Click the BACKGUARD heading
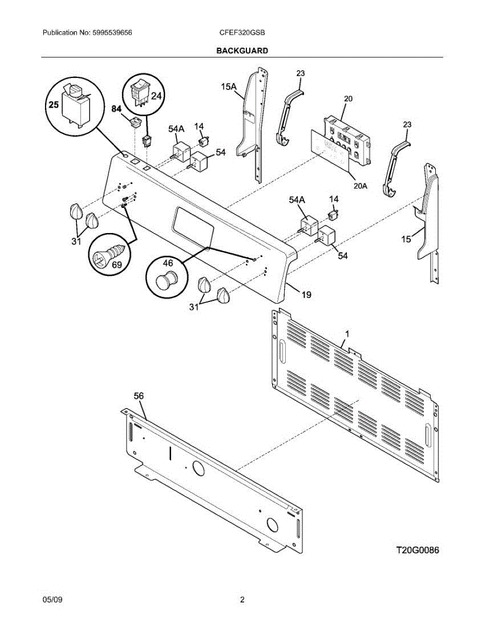click(x=242, y=51)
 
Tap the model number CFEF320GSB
click(x=242, y=32)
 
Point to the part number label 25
click(x=54, y=104)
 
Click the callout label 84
click(x=116, y=109)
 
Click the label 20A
click(x=360, y=184)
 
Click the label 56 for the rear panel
click(x=138, y=396)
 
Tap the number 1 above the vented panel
click(x=347, y=333)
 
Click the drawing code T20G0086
click(x=417, y=550)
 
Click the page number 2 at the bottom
click(x=242, y=600)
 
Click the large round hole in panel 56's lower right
click(x=272, y=524)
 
